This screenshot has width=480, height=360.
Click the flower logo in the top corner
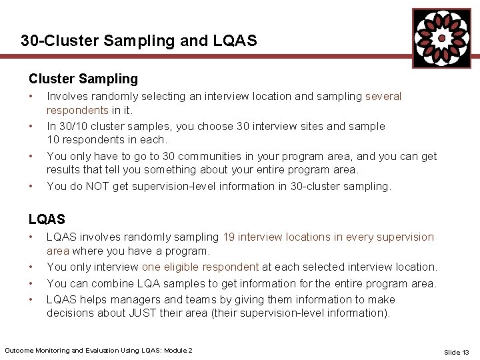click(x=441, y=38)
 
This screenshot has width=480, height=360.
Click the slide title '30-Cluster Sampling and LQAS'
click(x=139, y=41)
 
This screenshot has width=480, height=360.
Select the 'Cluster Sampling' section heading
click(x=83, y=79)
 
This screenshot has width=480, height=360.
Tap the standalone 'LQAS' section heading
click(x=47, y=219)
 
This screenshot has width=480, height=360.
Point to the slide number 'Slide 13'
click(x=457, y=352)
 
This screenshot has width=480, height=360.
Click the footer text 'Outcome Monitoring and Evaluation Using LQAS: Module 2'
click(x=99, y=351)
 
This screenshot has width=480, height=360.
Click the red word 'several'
click(x=383, y=97)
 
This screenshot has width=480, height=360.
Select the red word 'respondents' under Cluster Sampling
click(x=77, y=110)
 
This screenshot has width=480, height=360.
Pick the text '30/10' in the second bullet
click(x=73, y=126)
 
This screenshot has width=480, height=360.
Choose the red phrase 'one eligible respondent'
click(x=200, y=267)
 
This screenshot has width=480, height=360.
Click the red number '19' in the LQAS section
click(x=228, y=237)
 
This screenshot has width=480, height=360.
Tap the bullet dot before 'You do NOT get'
click(x=31, y=187)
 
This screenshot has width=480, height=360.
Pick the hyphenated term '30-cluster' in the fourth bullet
click(x=315, y=187)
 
